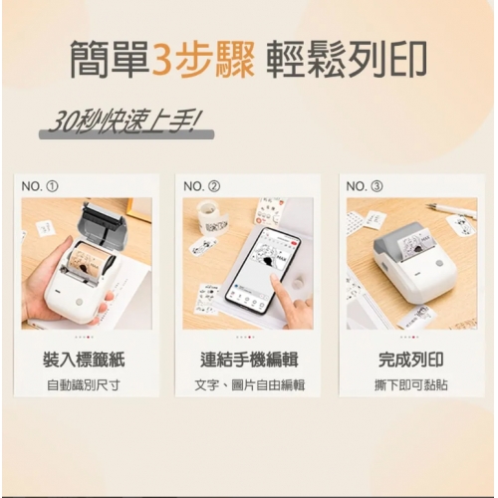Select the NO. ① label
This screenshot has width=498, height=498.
point(40,186)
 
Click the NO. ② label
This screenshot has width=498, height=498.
point(201,186)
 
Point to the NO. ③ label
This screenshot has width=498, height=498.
point(365,186)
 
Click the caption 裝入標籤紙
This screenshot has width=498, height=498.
point(84,360)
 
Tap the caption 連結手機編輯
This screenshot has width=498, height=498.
point(249,360)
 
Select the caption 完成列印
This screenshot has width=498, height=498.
point(411,360)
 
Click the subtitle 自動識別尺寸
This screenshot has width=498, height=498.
point(84,385)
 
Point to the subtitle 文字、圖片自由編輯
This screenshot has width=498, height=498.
point(249,385)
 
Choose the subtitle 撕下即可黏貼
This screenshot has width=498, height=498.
point(411,385)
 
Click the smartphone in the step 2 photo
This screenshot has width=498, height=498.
point(262,270)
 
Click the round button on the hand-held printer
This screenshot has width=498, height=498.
point(79,302)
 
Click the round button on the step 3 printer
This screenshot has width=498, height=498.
point(439,263)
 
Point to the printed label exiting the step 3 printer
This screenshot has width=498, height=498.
point(415,245)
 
